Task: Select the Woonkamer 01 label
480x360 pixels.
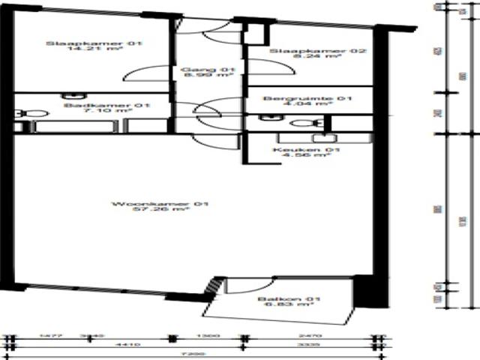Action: (148, 204)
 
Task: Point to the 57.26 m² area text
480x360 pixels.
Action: (148, 211)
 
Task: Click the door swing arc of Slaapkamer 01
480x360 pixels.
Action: (139, 72)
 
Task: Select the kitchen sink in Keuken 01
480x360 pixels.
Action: (324, 138)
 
